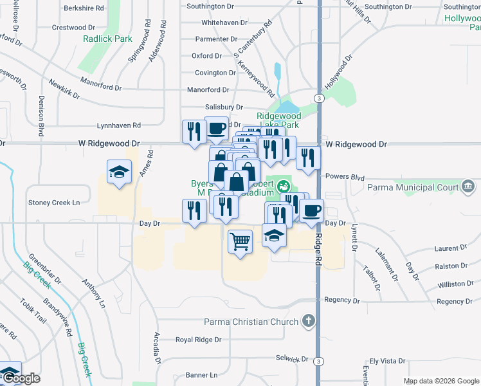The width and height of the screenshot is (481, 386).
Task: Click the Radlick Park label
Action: (x=107, y=39)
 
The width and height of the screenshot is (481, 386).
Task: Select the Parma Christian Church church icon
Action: (x=309, y=321)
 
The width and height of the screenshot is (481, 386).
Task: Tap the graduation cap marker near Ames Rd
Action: (x=119, y=172)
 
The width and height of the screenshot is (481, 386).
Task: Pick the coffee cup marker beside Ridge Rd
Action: (x=312, y=211)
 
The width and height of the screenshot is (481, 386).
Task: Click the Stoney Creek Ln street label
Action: (x=53, y=202)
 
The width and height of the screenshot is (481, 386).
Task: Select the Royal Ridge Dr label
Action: (x=199, y=339)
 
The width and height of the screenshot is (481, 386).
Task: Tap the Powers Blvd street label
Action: (x=345, y=176)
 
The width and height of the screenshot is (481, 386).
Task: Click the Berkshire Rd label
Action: (x=84, y=8)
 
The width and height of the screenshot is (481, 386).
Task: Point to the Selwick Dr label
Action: (x=288, y=358)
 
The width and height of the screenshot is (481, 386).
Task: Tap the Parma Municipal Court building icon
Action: (x=467, y=187)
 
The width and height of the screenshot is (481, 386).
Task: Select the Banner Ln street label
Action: (x=202, y=375)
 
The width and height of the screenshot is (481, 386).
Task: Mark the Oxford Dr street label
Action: (x=206, y=56)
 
